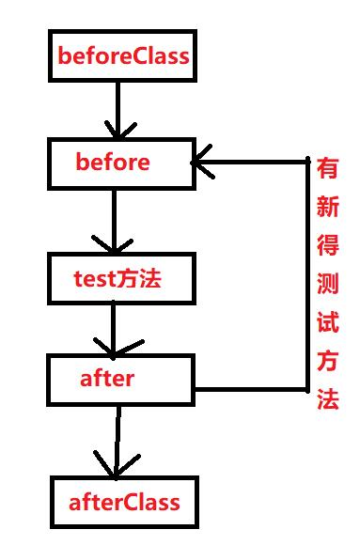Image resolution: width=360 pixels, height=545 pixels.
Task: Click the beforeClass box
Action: (x=123, y=56)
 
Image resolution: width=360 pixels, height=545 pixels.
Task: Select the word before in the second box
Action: (x=113, y=163)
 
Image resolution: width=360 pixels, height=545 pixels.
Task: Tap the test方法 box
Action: (x=120, y=278)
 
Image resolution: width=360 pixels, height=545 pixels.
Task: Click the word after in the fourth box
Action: (x=107, y=379)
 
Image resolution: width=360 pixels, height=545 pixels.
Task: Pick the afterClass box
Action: (x=124, y=502)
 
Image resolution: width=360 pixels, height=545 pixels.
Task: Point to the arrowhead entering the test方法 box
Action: (x=114, y=245)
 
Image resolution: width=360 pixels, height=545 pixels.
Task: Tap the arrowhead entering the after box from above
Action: (x=114, y=348)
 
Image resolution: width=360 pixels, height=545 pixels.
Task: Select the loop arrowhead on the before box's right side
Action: (x=203, y=163)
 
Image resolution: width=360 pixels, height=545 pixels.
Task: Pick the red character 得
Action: (x=327, y=246)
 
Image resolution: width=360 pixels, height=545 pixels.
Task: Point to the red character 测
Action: (x=327, y=286)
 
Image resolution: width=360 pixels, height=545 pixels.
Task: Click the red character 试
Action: (x=327, y=323)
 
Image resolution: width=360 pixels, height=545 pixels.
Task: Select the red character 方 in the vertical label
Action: (x=327, y=362)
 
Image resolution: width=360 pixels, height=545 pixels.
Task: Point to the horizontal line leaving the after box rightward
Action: (x=249, y=388)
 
